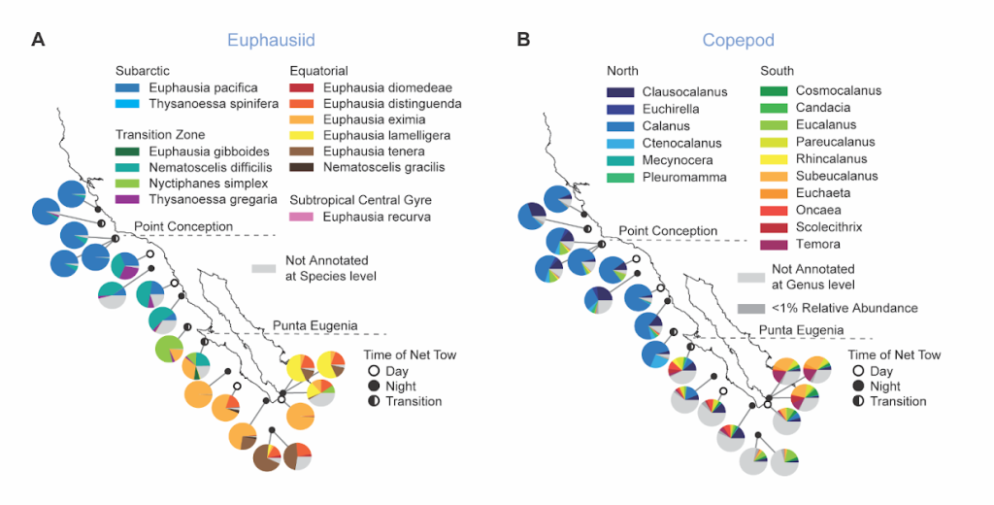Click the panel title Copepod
tap(738, 40)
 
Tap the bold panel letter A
tap(38, 40)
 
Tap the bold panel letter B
tap(523, 40)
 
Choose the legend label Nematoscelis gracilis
tap(384, 167)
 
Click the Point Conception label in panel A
tap(183, 226)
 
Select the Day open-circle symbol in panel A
tap(373, 371)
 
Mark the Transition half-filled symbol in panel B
tap(857, 401)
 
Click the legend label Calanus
tap(666, 126)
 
